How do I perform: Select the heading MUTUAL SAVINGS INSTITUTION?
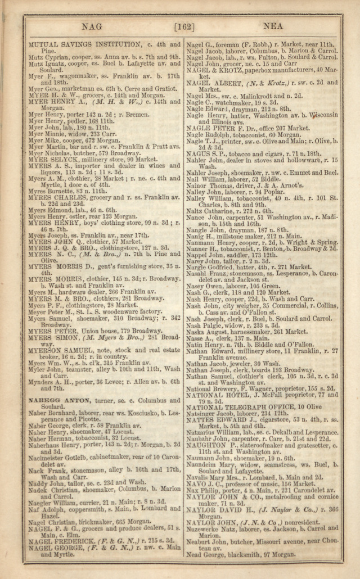(x=84, y=44)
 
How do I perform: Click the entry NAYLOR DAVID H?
(x=222, y=510)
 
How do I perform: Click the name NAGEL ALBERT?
(x=215, y=83)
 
